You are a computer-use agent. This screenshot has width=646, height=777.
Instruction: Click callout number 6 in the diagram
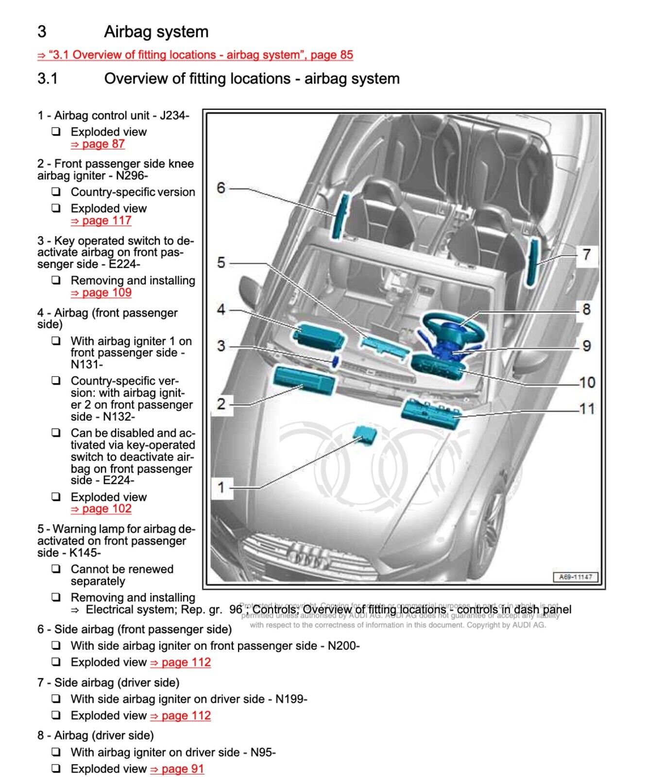point(221,188)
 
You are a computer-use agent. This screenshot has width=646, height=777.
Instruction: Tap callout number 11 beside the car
point(587,408)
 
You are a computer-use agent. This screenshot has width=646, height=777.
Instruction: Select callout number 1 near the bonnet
point(221,487)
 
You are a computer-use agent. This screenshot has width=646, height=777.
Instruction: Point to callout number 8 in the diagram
point(586,309)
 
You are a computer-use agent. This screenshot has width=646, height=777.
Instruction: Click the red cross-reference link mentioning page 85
point(195,55)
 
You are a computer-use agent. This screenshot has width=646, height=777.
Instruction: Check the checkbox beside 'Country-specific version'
point(57,192)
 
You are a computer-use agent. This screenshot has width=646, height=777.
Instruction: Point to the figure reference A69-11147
point(576,577)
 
